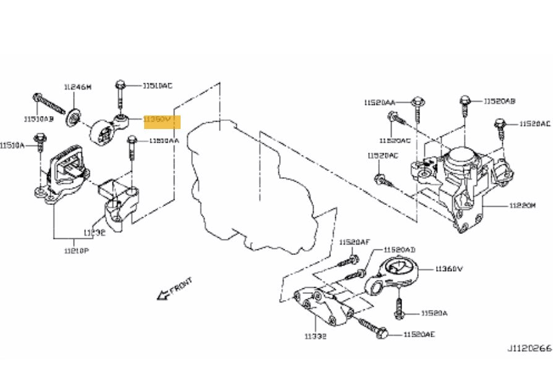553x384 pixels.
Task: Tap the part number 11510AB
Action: click(39, 119)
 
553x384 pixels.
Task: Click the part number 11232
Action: click(95, 233)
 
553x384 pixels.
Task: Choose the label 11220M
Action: click(522, 206)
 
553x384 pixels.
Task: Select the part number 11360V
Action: click(449, 269)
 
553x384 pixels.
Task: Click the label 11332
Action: click(315, 336)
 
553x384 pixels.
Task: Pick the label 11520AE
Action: click(419, 334)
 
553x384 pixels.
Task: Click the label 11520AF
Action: click(354, 243)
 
